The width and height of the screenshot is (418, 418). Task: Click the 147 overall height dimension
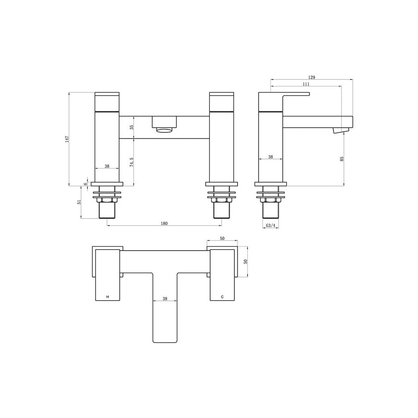[67, 139]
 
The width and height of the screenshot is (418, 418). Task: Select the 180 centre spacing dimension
[164, 223]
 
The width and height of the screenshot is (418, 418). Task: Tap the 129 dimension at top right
[312, 77]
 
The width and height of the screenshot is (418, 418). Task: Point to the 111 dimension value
[306, 84]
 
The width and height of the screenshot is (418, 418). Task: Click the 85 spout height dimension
[342, 158]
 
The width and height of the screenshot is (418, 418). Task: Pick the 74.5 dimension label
[131, 162]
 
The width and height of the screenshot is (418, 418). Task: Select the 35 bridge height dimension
[131, 127]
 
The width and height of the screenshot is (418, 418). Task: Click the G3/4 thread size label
[270, 226]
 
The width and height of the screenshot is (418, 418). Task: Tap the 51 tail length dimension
[79, 202]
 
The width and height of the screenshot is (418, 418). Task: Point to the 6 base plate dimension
[86, 184]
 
